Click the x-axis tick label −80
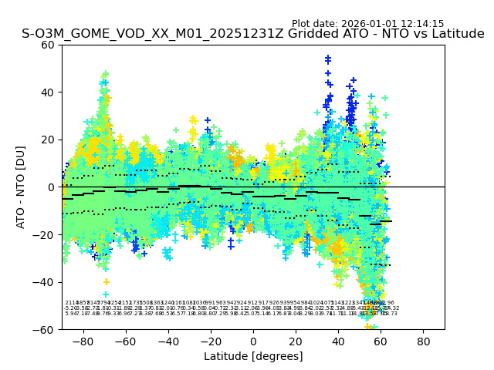(x=83, y=341)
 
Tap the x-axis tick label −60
(x=125, y=341)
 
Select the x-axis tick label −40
(x=167, y=341)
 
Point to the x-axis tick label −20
(x=210, y=341)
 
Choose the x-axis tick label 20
(x=296, y=341)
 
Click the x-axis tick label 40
(x=338, y=341)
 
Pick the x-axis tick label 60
(x=381, y=341)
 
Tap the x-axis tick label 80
(x=424, y=341)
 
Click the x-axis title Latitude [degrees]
(x=253, y=356)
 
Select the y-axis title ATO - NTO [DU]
(x=21, y=187)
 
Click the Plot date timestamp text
(x=367, y=24)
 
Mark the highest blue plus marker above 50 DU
(x=328, y=58)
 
